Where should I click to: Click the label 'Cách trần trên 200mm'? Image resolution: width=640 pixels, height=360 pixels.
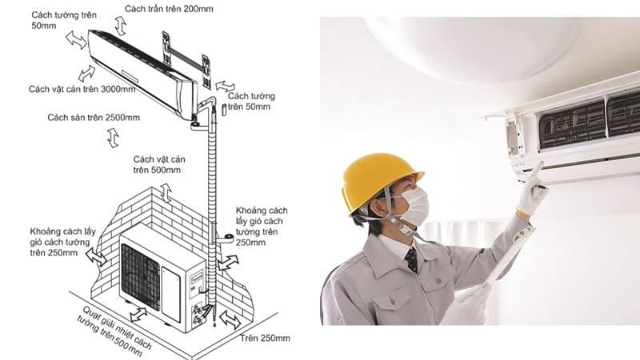(x=169, y=9)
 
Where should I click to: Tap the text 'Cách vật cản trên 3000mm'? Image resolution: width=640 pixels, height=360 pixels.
(x=82, y=89)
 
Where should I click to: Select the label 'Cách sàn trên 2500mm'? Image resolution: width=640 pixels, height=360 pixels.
(x=94, y=118)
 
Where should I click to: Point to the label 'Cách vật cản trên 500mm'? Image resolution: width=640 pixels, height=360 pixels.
(x=159, y=165)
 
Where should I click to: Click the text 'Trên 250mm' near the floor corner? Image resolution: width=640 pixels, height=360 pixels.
(x=265, y=338)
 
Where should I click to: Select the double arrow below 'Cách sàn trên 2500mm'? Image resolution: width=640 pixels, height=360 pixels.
(x=113, y=138)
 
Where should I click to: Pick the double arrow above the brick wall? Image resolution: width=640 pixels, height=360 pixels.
(x=166, y=193)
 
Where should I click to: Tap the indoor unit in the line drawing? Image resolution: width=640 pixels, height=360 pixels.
(x=143, y=74)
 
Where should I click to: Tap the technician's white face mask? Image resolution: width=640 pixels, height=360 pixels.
(x=414, y=203)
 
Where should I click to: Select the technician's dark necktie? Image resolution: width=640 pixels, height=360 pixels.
(x=412, y=259)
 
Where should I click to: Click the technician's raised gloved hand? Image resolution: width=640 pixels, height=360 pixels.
(x=532, y=188)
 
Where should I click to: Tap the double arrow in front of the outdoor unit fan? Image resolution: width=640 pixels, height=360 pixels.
(x=138, y=314)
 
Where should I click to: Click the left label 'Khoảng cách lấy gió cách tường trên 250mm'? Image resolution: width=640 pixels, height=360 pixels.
(x=62, y=242)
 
